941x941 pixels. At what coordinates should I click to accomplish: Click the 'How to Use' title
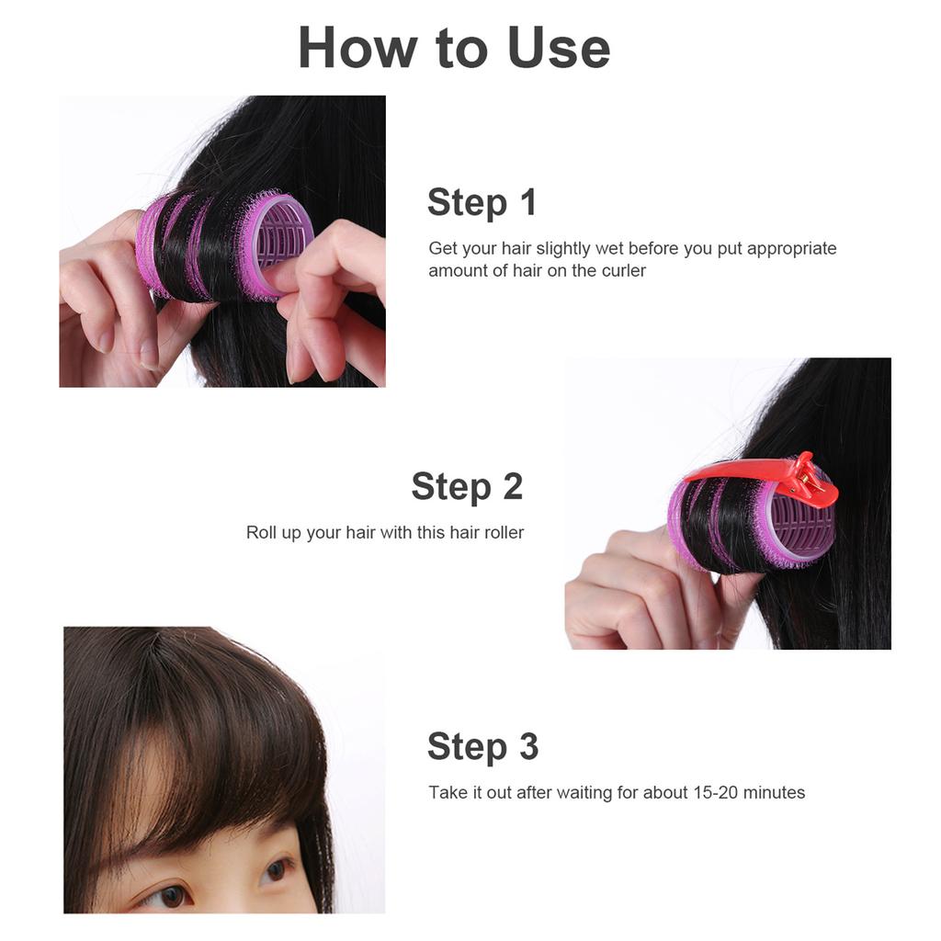coord(454,48)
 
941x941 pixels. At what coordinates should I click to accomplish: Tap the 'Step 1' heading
coord(482,202)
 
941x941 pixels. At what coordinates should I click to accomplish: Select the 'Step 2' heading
coord(467,486)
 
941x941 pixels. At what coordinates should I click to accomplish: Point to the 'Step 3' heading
coord(482,747)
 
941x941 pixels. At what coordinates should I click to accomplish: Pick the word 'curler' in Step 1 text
coord(624,271)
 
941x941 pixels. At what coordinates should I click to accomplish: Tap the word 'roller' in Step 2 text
coord(503,533)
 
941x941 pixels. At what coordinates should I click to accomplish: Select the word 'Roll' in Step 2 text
coord(261,533)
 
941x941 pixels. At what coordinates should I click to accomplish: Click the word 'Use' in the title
coord(559,48)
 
